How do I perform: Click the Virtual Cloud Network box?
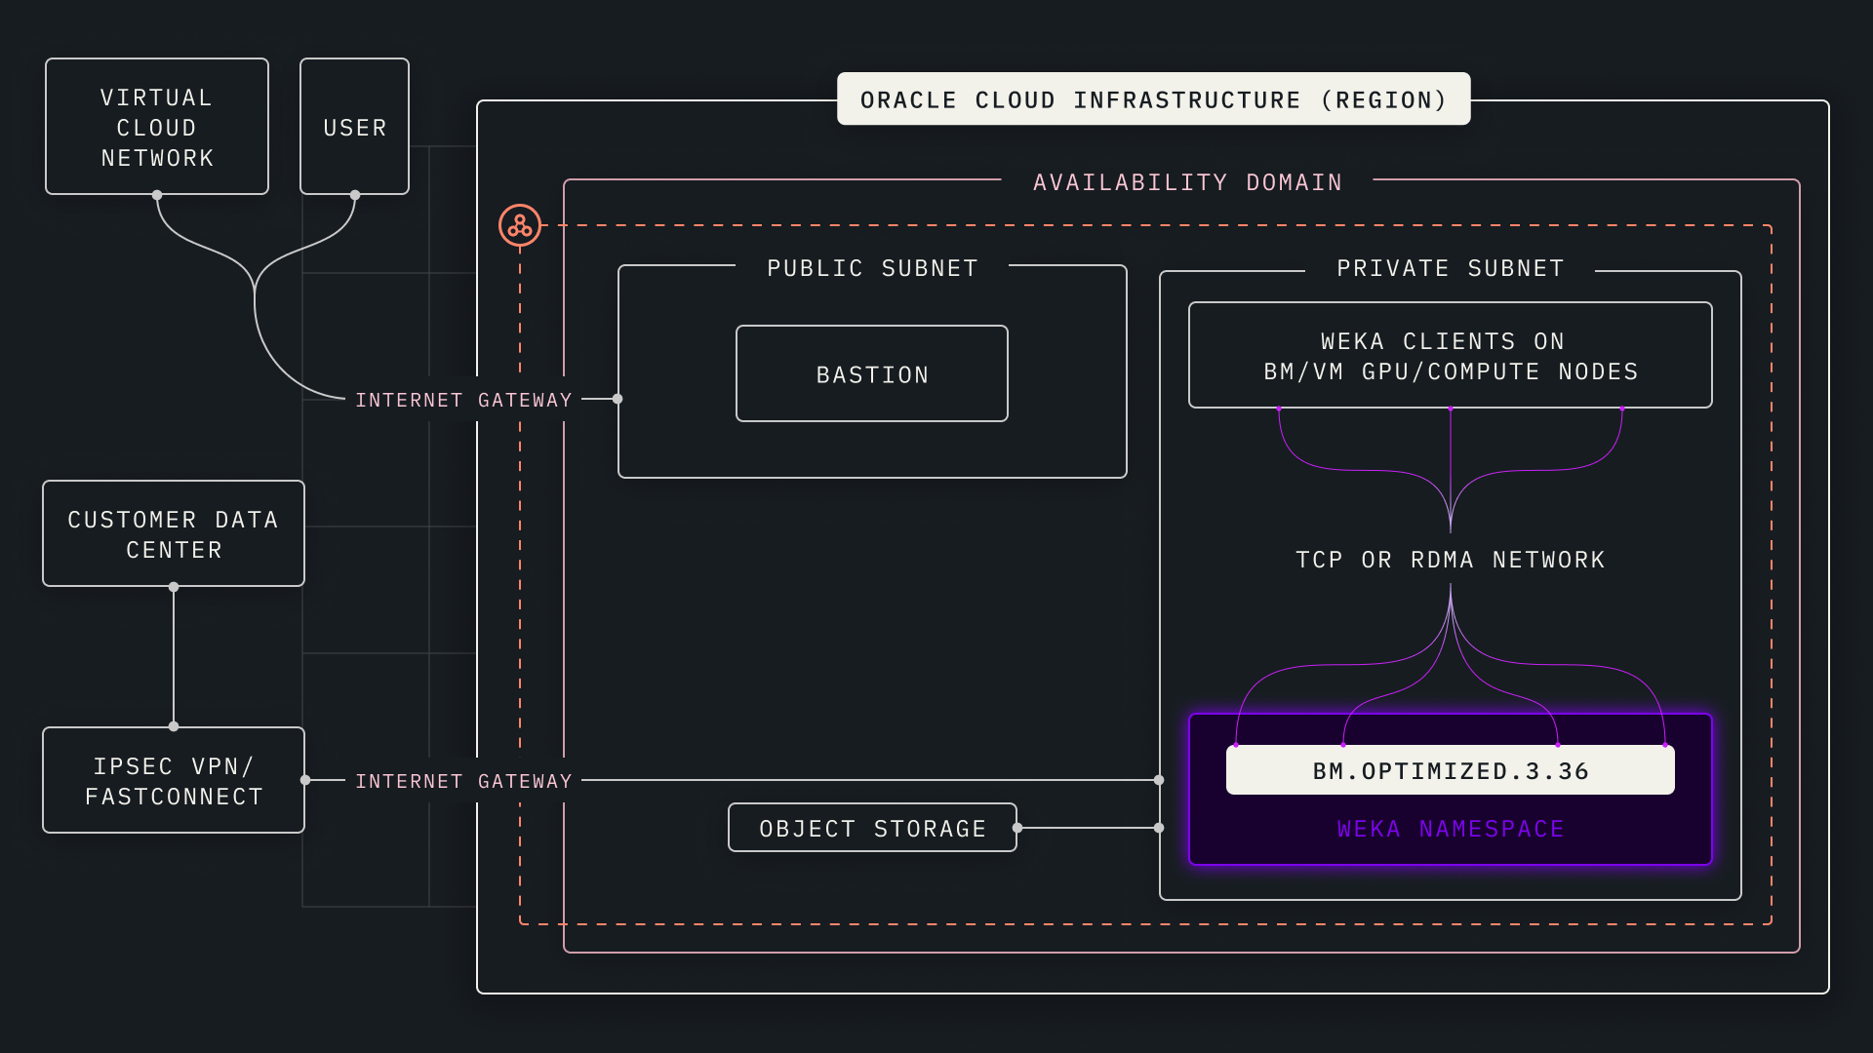click(x=157, y=127)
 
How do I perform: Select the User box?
click(x=354, y=127)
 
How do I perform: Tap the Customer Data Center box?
click(x=174, y=534)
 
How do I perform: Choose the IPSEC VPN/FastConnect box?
click(x=174, y=781)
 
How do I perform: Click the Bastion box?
click(x=872, y=374)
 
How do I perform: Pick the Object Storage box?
click(x=872, y=828)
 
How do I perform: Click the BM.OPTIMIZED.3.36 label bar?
click(x=1450, y=770)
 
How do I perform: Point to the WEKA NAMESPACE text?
click(x=1450, y=829)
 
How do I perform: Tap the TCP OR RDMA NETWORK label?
click(x=1450, y=560)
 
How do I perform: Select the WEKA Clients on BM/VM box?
click(x=1450, y=356)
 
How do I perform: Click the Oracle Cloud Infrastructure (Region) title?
click(x=1153, y=99)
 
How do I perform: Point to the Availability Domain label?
click(x=1187, y=182)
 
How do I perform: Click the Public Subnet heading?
click(x=872, y=268)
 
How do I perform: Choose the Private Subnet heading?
click(x=1450, y=268)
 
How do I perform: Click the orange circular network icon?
click(x=520, y=225)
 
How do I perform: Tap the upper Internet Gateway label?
click(x=463, y=400)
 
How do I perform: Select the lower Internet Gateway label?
click(x=463, y=781)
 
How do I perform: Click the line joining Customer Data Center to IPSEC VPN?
click(x=174, y=656)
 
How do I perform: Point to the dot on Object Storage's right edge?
click(x=1017, y=828)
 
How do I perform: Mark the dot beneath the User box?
click(x=355, y=195)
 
